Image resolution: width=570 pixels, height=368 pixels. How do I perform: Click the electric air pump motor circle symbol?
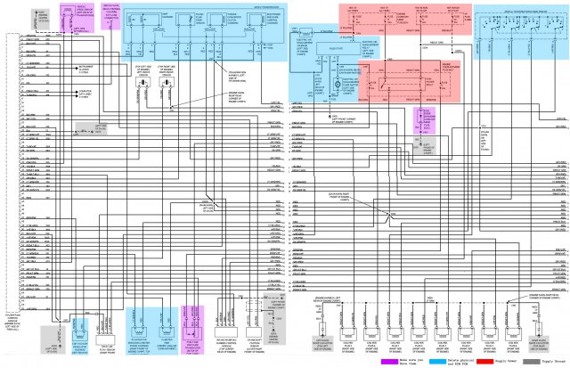click(336, 86)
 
